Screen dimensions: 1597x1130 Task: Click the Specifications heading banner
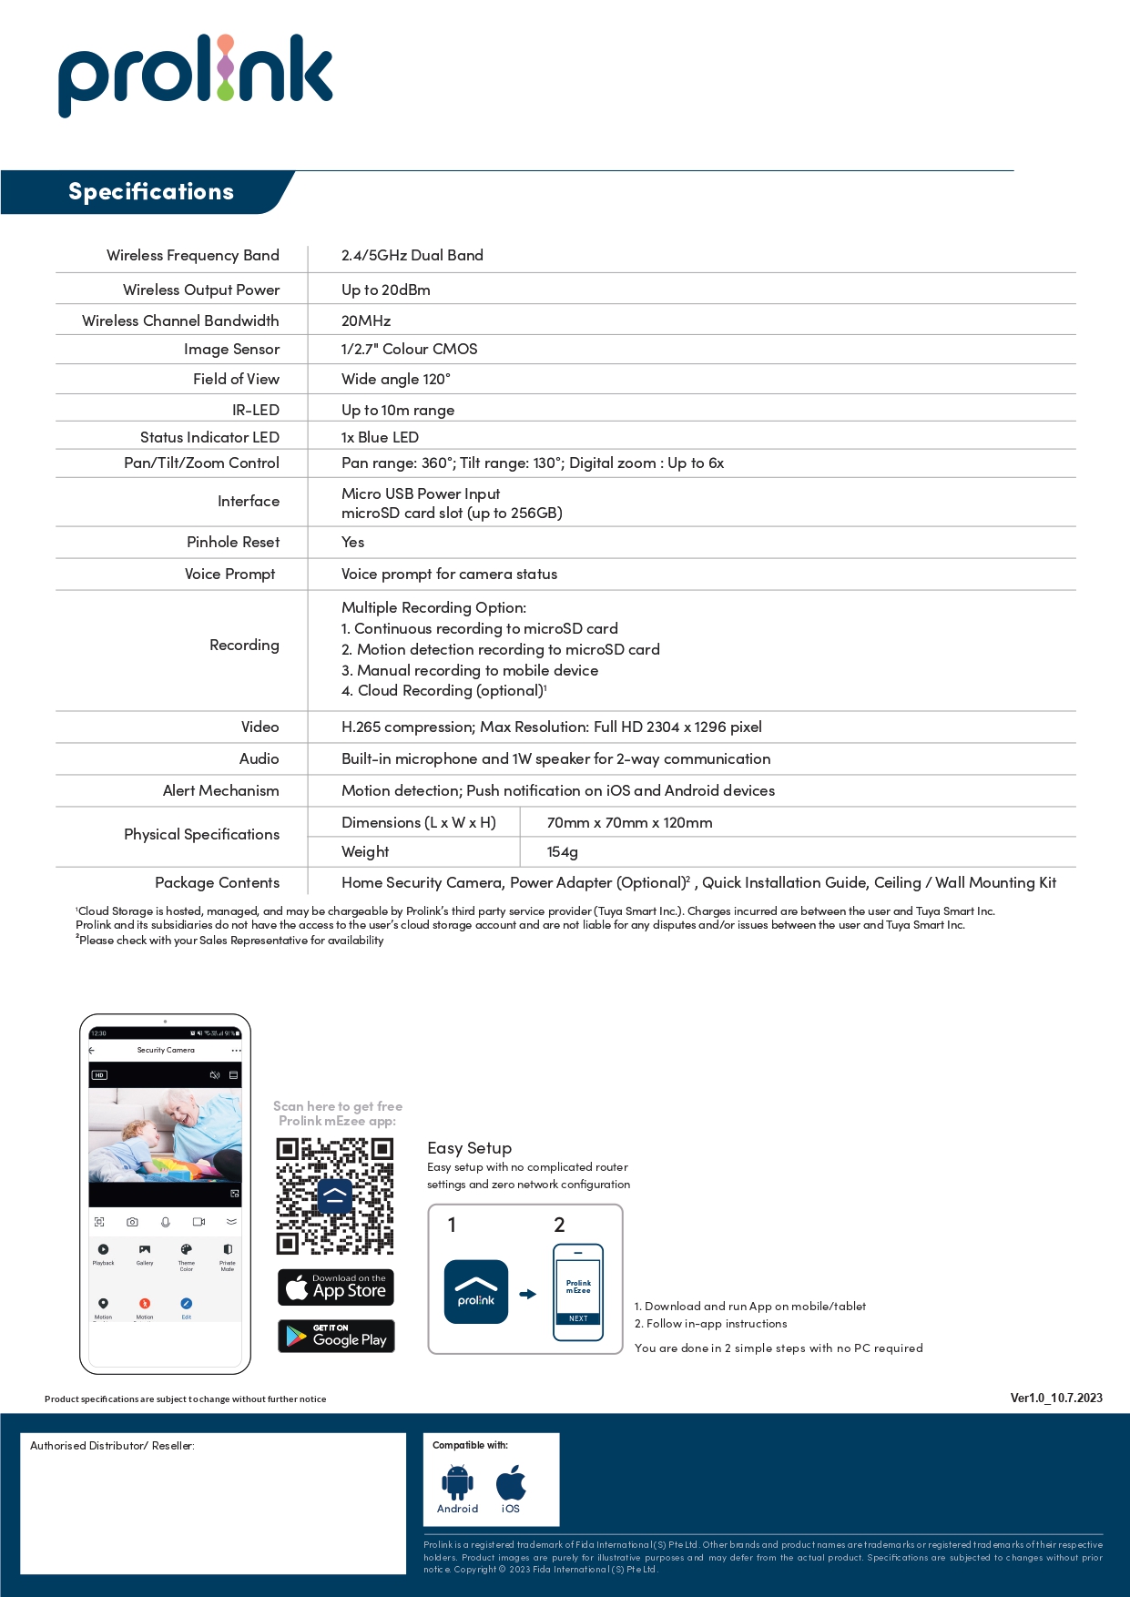(x=151, y=192)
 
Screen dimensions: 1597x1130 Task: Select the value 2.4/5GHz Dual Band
(x=412, y=256)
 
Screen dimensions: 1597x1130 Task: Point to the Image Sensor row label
(x=231, y=350)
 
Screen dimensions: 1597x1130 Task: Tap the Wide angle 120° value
(x=395, y=380)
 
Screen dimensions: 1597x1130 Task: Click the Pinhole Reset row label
(x=233, y=543)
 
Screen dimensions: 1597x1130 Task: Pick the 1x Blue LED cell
(x=380, y=438)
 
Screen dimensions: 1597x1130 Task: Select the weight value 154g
(x=562, y=852)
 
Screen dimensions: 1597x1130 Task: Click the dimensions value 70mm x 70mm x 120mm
(x=629, y=823)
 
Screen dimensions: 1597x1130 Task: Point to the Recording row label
(x=244, y=646)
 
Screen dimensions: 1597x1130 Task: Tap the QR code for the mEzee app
(x=335, y=1195)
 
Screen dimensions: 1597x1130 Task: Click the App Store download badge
(x=336, y=1287)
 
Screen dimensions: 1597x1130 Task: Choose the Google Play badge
(x=336, y=1337)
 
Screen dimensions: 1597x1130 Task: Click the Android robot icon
(x=457, y=1482)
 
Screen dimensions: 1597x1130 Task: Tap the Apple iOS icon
(x=511, y=1482)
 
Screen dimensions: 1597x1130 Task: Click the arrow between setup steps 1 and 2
(x=528, y=1294)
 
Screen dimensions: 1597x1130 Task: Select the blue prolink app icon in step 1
(x=476, y=1292)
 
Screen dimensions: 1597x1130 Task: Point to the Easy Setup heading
(x=469, y=1148)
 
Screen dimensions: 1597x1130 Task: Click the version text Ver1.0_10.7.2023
(x=1056, y=1399)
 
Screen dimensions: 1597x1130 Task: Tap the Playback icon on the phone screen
(x=103, y=1250)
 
